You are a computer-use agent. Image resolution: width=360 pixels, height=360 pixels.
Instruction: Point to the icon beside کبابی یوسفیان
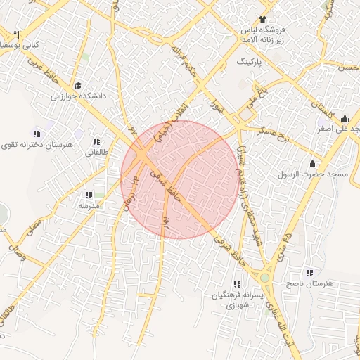click(16, 34)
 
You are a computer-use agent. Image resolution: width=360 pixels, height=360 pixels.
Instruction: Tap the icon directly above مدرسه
click(89, 195)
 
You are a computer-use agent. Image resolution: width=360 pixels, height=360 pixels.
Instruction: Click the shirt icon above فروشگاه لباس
click(263, 19)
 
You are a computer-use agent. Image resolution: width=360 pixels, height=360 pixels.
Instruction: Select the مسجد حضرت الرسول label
click(307, 174)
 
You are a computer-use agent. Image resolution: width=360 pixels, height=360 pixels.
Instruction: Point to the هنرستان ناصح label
click(309, 283)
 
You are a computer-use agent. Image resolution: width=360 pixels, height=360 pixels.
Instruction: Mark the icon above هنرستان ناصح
click(309, 272)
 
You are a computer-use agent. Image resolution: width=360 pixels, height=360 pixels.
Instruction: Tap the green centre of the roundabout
click(264, 278)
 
